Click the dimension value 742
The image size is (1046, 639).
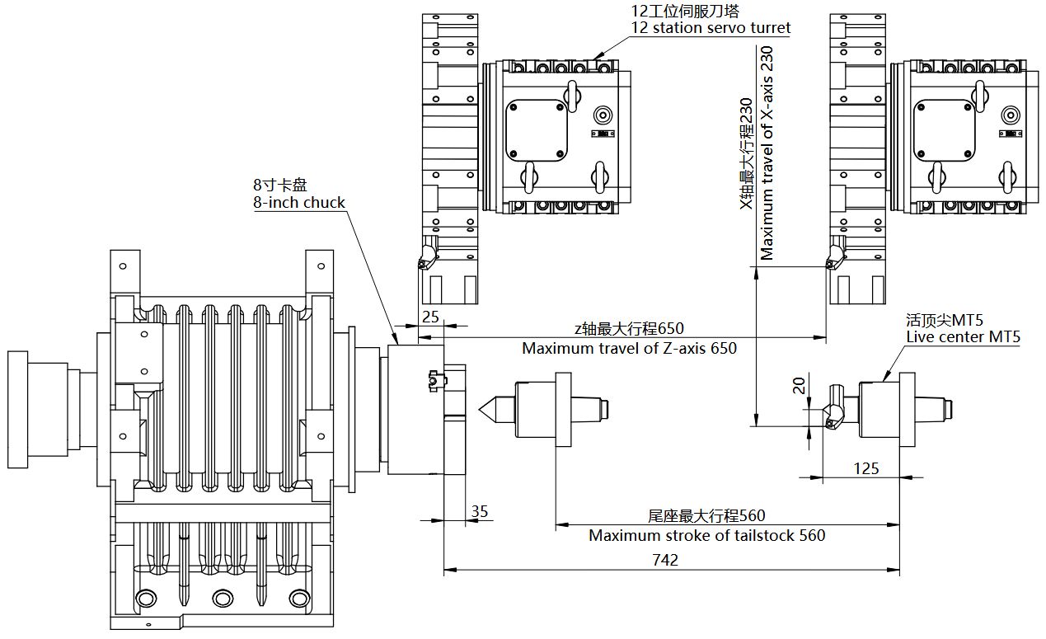[x=664, y=560]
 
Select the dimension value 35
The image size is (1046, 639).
[x=479, y=511]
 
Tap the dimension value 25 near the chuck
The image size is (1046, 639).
[x=430, y=317]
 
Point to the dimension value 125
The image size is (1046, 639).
[x=865, y=468]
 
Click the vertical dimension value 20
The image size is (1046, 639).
[x=799, y=385]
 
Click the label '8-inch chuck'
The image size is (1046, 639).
[x=298, y=203]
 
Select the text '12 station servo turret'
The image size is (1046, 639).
[x=711, y=28]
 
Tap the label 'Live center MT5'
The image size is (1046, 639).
[x=963, y=337]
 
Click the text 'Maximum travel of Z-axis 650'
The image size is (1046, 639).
[x=629, y=348]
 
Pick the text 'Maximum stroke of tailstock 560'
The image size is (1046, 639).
[x=706, y=535]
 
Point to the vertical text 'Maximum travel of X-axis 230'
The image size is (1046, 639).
[x=767, y=153]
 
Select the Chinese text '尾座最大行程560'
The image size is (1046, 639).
[x=706, y=516]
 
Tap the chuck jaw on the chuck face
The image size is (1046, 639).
[x=436, y=382]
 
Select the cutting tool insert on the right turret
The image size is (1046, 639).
[x=834, y=257]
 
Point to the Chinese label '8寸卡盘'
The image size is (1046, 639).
[x=279, y=185]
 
